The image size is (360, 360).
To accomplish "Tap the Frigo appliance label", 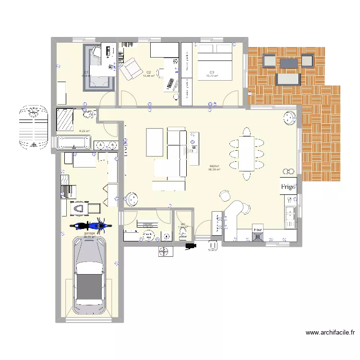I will point(288,186).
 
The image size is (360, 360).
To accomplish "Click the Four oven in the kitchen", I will point(258,232).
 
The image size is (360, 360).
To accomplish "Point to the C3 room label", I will point(212,72).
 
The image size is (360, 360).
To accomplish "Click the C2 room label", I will point(149,72).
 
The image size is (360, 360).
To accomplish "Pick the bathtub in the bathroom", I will point(73,143).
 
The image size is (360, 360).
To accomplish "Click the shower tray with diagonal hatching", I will point(64,119).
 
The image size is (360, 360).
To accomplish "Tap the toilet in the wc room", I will point(182,233).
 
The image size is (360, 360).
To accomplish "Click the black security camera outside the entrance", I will point(192,246).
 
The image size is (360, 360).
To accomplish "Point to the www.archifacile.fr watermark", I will point(331,332).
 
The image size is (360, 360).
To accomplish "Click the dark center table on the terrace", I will point(288,62).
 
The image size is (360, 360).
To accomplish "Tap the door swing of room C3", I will point(230,98).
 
